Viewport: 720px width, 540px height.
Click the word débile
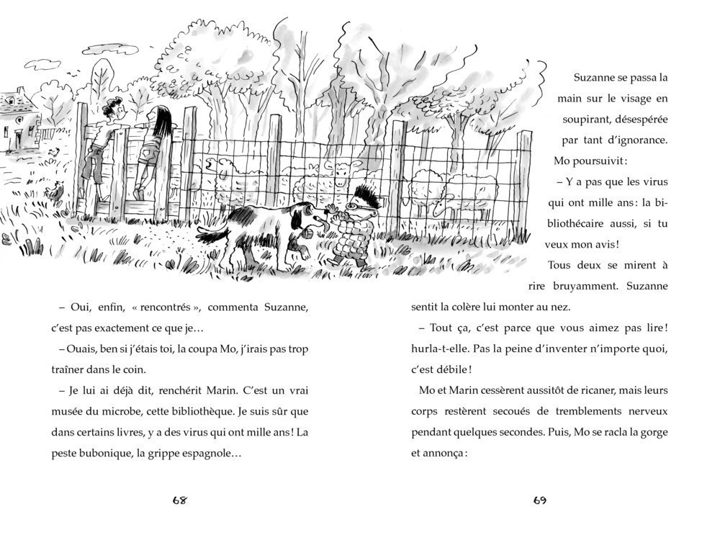point(451,369)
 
